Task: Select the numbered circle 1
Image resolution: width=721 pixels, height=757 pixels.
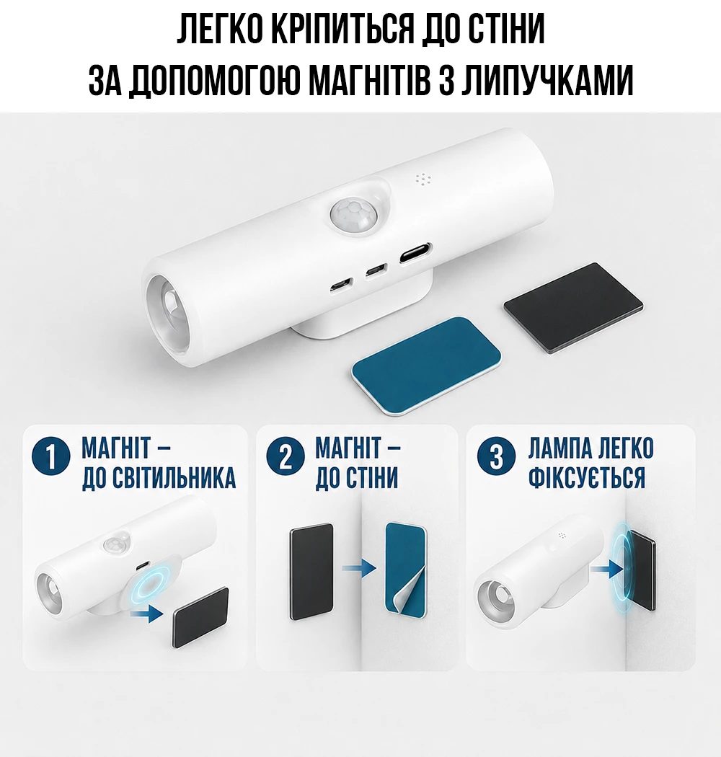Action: (x=50, y=456)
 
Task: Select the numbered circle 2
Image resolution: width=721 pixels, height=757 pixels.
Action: (x=286, y=456)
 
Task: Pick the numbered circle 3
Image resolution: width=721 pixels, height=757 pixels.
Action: (x=497, y=456)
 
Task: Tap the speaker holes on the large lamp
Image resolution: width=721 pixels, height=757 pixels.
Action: (x=423, y=180)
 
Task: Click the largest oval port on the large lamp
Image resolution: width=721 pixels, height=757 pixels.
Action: (x=415, y=254)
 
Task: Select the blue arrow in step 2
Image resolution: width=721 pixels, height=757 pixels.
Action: (x=359, y=568)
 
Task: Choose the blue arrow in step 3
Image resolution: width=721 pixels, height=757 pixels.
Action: (x=607, y=569)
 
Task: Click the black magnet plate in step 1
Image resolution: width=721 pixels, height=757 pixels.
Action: (x=200, y=616)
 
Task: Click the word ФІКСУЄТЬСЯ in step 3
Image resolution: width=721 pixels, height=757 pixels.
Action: (x=587, y=477)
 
